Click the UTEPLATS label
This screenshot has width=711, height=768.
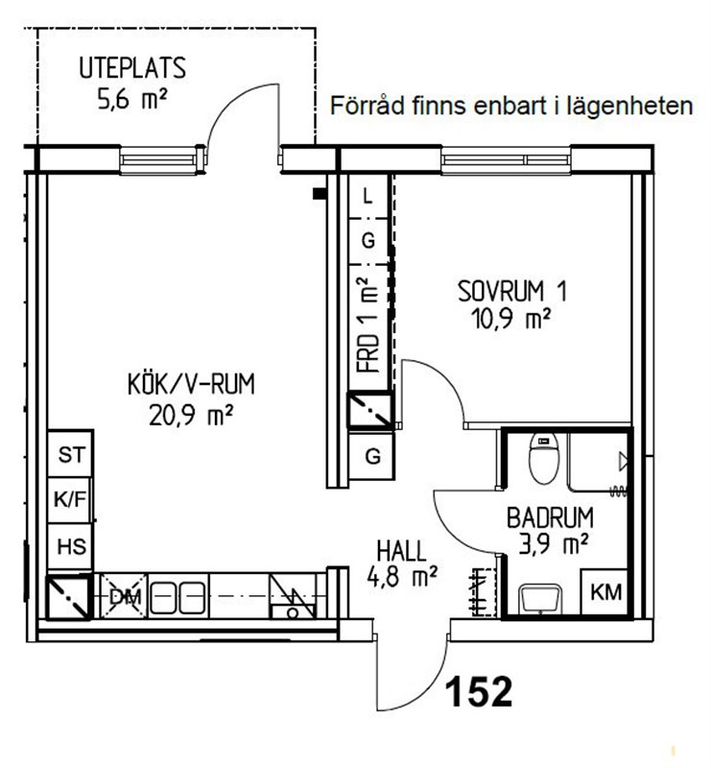coord(132,68)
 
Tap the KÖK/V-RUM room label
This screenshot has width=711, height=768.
coord(192,384)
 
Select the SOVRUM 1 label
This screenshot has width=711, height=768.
coord(512,291)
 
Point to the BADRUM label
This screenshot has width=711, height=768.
coord(550,517)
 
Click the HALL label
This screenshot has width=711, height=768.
coord(401,551)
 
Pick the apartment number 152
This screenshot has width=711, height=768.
coord(479,691)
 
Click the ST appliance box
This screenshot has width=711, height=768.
coord(70,454)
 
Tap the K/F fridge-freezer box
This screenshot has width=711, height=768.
coord(70,500)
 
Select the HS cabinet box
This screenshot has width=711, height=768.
coord(70,546)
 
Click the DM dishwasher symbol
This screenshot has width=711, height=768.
coord(124,596)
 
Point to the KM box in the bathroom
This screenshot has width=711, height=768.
coord(605,591)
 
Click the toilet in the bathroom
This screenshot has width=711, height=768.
coord(543,459)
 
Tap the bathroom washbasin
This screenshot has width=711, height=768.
coord(540,598)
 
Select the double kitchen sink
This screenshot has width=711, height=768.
coord(177,597)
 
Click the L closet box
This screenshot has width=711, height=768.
coord(368,197)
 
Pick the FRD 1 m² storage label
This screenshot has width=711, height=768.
coord(368,324)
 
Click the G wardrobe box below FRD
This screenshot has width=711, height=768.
coord(372,457)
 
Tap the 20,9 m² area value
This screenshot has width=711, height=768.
coord(191,416)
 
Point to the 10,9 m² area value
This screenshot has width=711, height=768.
coord(510,319)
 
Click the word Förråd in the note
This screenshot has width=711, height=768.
coord(367,106)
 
